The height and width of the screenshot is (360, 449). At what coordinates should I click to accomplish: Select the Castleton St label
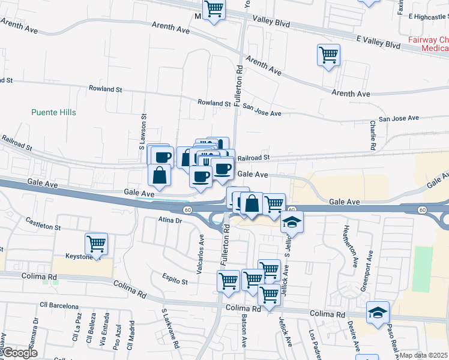coord(43,224)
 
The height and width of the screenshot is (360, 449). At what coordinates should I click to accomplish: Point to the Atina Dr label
coord(170,220)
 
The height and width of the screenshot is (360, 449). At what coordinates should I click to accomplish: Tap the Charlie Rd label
coord(373,135)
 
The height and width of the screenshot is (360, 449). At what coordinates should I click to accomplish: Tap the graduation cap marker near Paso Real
coord(378,313)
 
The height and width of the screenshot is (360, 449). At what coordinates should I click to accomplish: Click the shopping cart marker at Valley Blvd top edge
coord(214,10)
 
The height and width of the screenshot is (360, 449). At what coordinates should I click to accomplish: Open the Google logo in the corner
coord(20,353)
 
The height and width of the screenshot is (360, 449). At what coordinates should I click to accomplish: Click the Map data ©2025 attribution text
coord(424,355)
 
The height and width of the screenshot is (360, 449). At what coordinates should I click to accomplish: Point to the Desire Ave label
coord(355,335)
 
